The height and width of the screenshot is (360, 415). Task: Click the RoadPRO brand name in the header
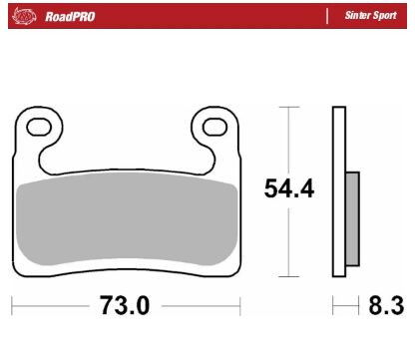69,17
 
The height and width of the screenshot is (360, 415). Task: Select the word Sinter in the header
358,17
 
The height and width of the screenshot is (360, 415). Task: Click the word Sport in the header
386,17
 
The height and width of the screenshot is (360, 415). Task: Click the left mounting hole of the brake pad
40,127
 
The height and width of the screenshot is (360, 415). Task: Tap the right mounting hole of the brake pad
214,127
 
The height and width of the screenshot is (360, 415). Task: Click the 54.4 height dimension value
288,189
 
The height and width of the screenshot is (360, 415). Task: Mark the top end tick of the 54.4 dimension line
288,107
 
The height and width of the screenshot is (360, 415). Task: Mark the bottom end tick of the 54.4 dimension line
288,275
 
